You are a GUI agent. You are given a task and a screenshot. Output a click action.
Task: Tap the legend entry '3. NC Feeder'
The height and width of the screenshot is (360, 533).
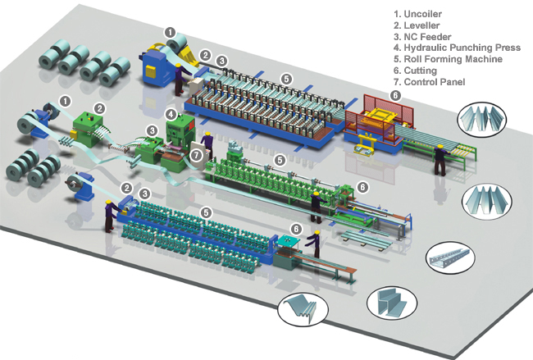point(430,37)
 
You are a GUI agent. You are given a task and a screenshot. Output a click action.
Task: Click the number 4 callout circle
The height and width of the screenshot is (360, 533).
point(171,113)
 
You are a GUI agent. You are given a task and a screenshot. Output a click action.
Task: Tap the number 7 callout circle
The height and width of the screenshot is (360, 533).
point(197,153)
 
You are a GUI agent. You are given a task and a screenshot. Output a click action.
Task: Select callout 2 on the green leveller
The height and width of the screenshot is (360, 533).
point(99,107)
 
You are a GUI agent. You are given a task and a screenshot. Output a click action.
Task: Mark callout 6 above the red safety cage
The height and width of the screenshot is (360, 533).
point(395,95)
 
